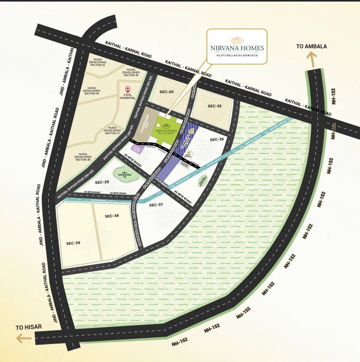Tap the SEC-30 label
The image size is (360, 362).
tap(167, 92)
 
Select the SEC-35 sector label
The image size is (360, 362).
tap(214, 106)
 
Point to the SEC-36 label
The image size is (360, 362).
tap(217, 140)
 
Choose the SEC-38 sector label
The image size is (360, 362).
tap(112, 216)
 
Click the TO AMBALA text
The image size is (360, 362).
tap(312, 47)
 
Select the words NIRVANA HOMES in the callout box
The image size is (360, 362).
tap(237, 48)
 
